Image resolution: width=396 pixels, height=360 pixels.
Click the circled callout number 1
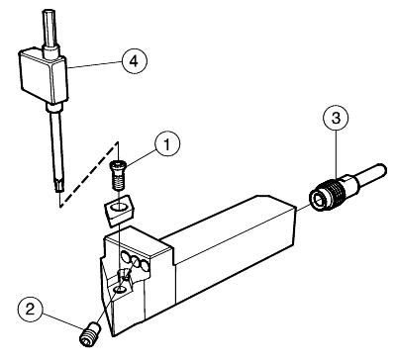[x=167, y=144]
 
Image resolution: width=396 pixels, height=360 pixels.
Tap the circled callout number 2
[x=31, y=310]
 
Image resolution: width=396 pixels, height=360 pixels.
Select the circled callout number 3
[x=336, y=118]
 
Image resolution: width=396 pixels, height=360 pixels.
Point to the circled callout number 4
[x=134, y=61]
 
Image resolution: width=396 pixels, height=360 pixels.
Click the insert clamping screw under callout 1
[x=118, y=175]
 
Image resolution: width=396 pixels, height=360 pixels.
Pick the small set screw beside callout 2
[x=89, y=334]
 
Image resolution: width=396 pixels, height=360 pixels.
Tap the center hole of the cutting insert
[x=118, y=208]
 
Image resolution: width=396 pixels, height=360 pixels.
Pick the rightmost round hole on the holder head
[x=144, y=265]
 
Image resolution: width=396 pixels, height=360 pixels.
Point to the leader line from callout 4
[x=94, y=64]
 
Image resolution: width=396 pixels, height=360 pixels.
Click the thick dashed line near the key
[x=89, y=175]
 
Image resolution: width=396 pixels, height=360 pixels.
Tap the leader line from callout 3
[x=336, y=152]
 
